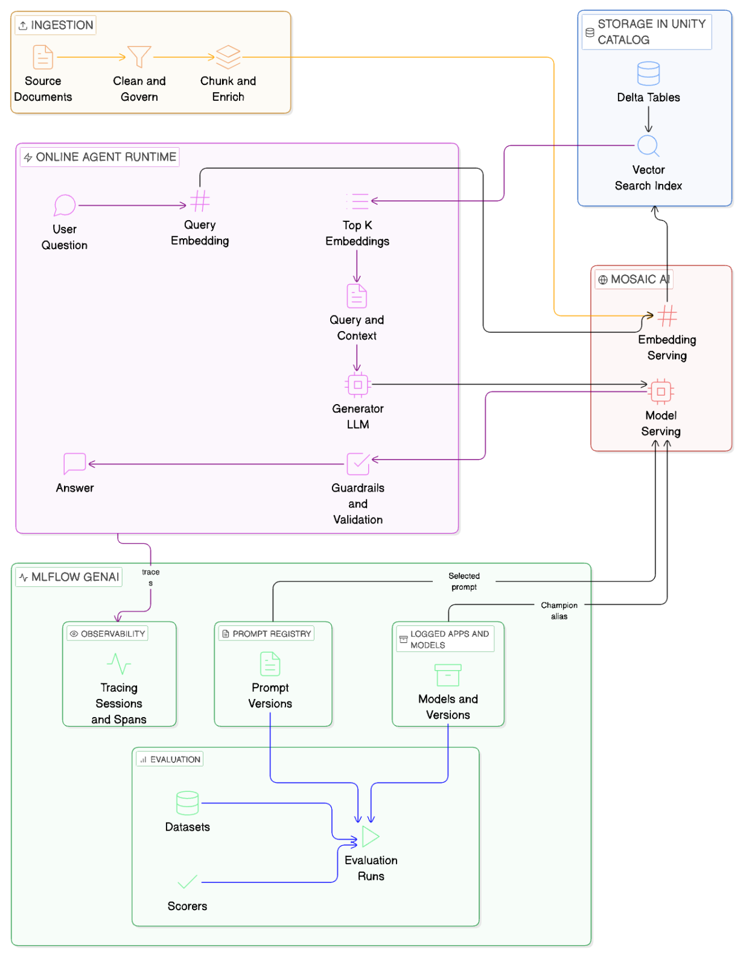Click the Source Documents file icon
tap(43, 57)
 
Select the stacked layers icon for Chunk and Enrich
tap(228, 57)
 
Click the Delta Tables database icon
tap(648, 74)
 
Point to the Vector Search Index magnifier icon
tap(648, 146)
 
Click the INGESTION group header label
tap(56, 25)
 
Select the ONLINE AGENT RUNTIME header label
tap(100, 157)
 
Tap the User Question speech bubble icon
tap(65, 205)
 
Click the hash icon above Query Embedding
tap(200, 201)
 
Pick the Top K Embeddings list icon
tap(357, 201)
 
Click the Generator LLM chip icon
tap(358, 385)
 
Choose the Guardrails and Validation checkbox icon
tap(358, 464)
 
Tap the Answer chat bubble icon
tap(75, 464)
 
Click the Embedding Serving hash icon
tap(667, 315)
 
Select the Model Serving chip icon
tap(661, 391)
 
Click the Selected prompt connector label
tap(464, 581)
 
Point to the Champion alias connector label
tap(559, 610)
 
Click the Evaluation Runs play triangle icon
tap(370, 837)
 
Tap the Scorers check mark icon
tap(187, 882)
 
